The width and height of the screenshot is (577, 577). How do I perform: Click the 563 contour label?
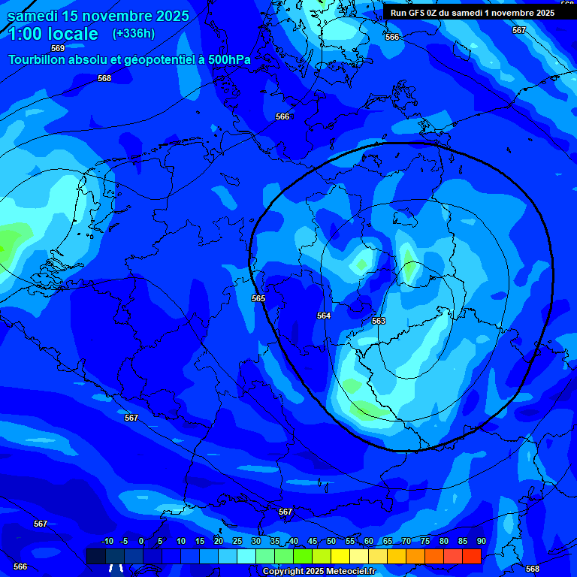[x=379, y=322]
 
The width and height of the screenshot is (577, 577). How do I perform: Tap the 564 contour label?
[x=324, y=316]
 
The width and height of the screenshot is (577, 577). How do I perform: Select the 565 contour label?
[x=258, y=299]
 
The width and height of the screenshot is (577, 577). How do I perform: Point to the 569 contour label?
[x=58, y=49]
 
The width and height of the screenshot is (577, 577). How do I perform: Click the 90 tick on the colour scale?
[x=481, y=542]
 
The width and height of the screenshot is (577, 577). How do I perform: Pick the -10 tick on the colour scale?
[x=107, y=542]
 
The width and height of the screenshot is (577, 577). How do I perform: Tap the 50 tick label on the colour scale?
[x=331, y=542]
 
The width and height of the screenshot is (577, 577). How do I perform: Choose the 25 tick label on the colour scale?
[x=237, y=542]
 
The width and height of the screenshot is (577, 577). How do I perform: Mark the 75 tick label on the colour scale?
[x=425, y=542]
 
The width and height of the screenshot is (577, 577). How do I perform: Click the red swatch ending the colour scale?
[x=471, y=556]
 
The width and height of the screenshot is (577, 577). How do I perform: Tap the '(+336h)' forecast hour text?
[x=133, y=33]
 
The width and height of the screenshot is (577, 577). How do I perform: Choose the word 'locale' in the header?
[x=76, y=34]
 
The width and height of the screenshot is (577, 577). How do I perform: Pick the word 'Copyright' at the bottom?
[x=282, y=572]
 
